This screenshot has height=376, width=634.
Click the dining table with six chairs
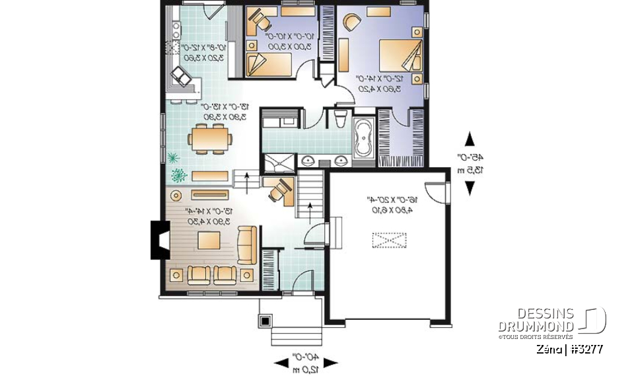210,139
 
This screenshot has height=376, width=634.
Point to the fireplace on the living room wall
159,240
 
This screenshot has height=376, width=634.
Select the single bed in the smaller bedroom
269,64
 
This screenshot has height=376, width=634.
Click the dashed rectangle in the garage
390,241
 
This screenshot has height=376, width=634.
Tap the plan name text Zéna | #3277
569,349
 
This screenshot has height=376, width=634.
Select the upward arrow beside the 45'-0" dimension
470,139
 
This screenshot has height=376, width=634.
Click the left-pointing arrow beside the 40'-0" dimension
281,362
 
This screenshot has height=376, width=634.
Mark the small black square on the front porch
265,321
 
